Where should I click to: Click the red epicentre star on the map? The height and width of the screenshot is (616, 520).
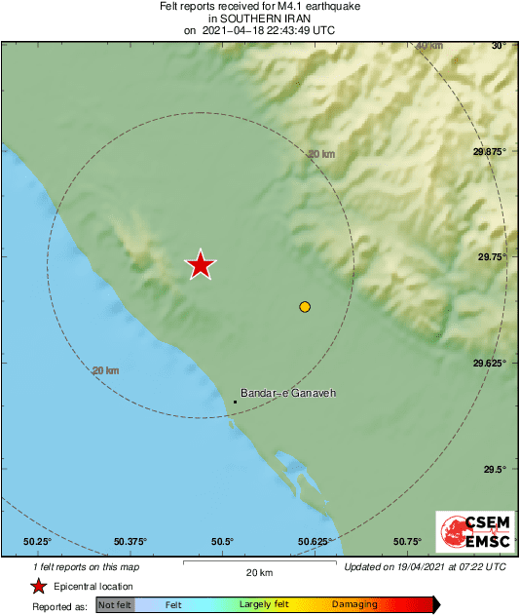201,264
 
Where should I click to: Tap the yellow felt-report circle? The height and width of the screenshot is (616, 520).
305,307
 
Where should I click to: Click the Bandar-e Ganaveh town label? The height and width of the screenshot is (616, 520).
287,393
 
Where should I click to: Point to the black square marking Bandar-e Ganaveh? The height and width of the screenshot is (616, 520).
236,402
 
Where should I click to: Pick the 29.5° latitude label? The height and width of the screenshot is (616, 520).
496,469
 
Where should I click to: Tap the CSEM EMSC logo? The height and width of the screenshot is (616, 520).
469,532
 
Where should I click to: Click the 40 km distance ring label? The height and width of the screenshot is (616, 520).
428,46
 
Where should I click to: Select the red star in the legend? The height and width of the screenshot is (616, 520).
38,586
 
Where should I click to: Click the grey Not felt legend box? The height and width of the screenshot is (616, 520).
114,605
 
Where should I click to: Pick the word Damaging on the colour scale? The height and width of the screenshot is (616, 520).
354,605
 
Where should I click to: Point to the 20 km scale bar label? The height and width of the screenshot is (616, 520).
260,571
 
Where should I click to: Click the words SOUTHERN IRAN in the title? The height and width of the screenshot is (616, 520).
260,18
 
